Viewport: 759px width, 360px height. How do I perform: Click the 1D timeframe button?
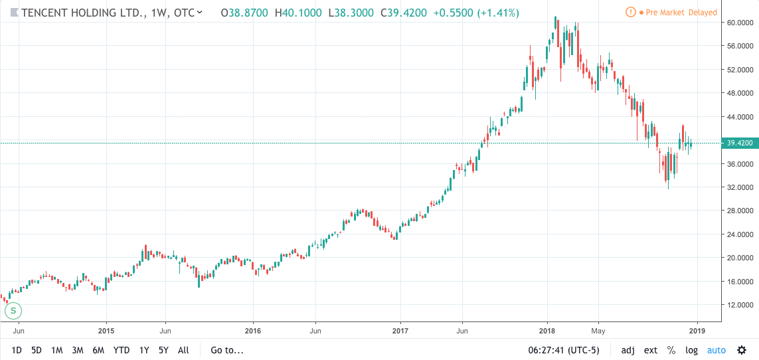17,350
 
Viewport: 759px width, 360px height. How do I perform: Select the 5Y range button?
163,350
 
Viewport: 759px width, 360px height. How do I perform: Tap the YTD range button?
121,350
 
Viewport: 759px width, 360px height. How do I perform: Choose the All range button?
184,350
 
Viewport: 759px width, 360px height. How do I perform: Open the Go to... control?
227,350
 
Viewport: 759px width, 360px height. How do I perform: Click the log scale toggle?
691,350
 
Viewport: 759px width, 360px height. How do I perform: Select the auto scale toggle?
716,350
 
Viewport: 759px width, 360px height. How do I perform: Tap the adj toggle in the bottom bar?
628,350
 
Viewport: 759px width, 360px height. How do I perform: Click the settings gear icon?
741,350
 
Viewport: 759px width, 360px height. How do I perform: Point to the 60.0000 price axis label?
739,23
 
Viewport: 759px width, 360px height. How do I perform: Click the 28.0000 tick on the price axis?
739,211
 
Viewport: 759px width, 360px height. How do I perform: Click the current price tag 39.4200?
739,143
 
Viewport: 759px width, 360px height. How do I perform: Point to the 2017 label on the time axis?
400,329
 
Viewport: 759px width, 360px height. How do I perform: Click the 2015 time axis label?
106,329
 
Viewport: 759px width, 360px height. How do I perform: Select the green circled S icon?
13,310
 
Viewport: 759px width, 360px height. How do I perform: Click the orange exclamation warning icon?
630,13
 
